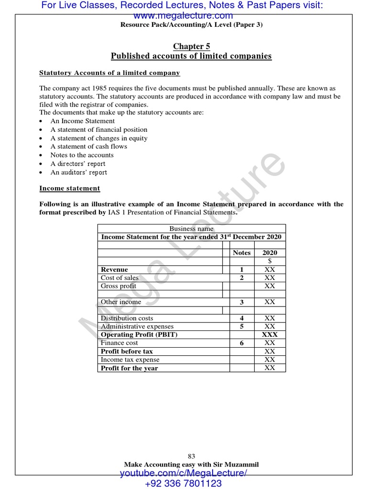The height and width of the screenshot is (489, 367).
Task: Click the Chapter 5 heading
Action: pyautogui.click(x=191, y=46)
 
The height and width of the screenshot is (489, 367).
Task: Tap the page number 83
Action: pyautogui.click(x=191, y=456)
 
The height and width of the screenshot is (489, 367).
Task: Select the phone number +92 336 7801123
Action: pyautogui.click(x=183, y=483)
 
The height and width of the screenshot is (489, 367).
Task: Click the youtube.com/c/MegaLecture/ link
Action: pyautogui.click(x=183, y=473)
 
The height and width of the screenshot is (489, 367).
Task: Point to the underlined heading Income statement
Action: pyautogui.click(x=70, y=189)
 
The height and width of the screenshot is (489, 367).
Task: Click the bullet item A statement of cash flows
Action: pyautogui.click(x=89, y=147)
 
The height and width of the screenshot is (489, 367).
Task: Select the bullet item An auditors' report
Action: pyautogui.click(x=79, y=172)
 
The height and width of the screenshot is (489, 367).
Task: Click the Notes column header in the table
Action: pyautogui.click(x=241, y=253)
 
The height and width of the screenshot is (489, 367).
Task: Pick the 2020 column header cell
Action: pyautogui.click(x=270, y=253)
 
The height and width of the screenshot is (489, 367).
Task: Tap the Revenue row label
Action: pyautogui.click(x=115, y=269)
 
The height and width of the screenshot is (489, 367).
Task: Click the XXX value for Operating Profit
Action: pyautogui.click(x=270, y=335)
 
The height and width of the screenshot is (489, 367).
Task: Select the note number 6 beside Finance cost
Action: pyautogui.click(x=241, y=343)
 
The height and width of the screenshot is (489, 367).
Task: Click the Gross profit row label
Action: pyautogui.click(x=119, y=286)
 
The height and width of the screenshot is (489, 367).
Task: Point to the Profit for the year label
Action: pyautogui.click(x=129, y=368)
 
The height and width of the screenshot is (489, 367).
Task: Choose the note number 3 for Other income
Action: pyautogui.click(x=241, y=302)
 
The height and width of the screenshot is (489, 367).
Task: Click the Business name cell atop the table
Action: pyautogui.click(x=192, y=229)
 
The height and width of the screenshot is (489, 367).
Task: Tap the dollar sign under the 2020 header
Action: pyautogui.click(x=270, y=261)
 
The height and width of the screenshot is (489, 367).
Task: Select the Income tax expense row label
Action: pyautogui.click(x=130, y=360)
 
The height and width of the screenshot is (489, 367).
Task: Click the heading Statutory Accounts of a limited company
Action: pyautogui.click(x=109, y=73)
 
